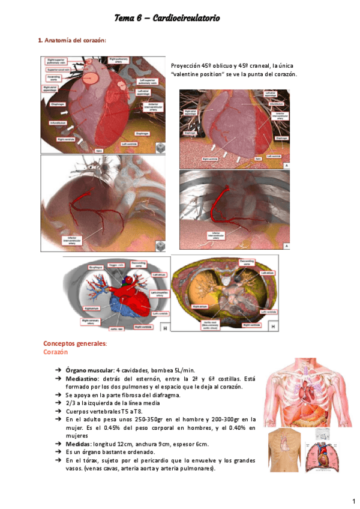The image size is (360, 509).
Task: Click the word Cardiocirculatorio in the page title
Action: click(187, 19)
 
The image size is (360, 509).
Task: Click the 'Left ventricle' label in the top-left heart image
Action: click(131, 144)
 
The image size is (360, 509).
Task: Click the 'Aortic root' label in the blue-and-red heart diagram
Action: click(118, 329)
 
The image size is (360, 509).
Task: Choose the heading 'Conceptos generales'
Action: click(75, 343)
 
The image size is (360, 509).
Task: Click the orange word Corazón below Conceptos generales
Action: click(55, 352)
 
